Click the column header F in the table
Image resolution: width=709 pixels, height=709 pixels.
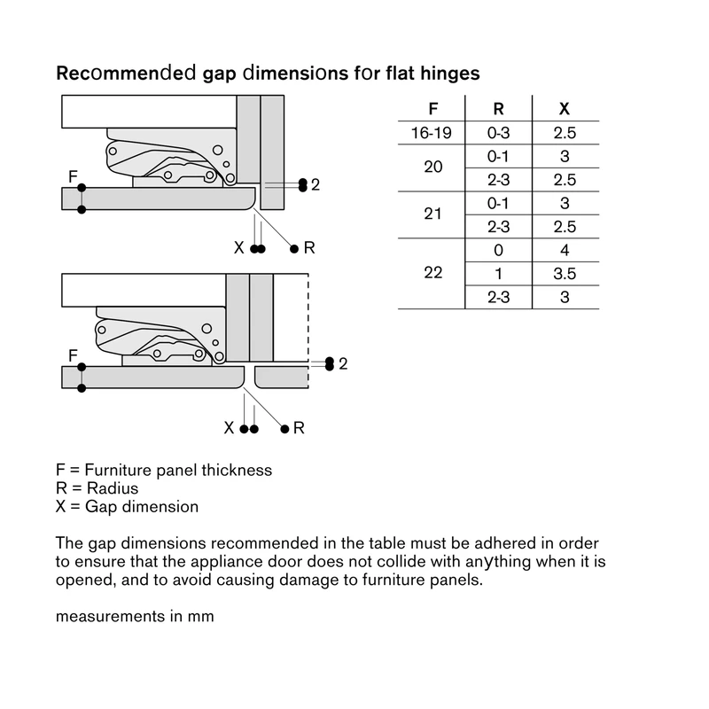[x=432, y=109]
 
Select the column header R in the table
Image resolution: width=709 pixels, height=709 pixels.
[x=498, y=109]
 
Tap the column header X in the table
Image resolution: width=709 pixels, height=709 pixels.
[x=565, y=109]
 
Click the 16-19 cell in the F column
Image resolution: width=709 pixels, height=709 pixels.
[x=431, y=133]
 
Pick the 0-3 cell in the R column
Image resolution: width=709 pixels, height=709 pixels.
[x=498, y=133]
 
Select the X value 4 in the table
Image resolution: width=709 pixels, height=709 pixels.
[x=565, y=250]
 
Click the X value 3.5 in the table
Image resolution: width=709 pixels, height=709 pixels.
[x=565, y=274]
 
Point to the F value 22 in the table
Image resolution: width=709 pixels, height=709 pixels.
[x=432, y=273]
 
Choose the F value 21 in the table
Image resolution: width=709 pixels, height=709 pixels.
[x=432, y=214]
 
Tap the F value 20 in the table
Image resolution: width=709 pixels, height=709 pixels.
[x=432, y=167]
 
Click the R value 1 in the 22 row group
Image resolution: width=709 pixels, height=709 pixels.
[x=498, y=274]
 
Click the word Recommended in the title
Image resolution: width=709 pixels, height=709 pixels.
[x=126, y=74]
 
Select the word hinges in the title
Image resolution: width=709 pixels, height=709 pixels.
[x=450, y=74]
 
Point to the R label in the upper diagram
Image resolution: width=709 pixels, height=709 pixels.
[x=309, y=248]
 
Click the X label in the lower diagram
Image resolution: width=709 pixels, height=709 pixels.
[x=229, y=428]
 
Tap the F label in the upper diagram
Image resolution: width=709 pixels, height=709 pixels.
[x=73, y=176]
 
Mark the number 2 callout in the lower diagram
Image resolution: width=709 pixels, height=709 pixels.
[x=343, y=364]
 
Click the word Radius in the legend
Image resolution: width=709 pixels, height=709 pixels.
[x=113, y=488]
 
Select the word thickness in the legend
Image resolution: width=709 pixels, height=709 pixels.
[x=237, y=471]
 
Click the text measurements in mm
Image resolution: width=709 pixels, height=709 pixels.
[x=135, y=616]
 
